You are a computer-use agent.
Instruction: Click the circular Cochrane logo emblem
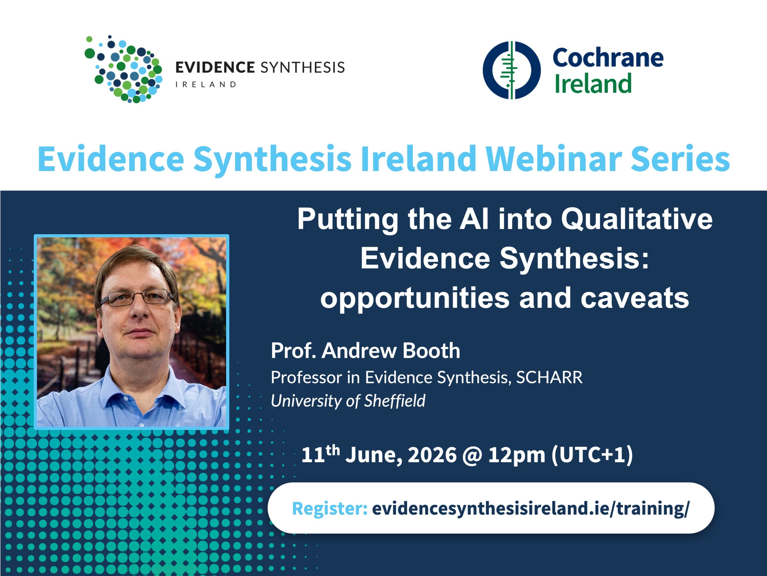point(511,70)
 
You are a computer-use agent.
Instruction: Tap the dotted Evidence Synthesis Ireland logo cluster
point(123,69)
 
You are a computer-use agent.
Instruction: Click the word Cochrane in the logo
point(608,58)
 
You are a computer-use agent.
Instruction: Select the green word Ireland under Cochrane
point(593,84)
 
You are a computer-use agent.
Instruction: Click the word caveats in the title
point(635,298)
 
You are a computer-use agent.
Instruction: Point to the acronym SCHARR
point(549,377)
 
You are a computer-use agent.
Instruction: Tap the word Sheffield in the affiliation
point(395,401)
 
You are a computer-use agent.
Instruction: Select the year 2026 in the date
point(432,455)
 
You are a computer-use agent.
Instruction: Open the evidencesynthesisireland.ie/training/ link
point(531,508)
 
